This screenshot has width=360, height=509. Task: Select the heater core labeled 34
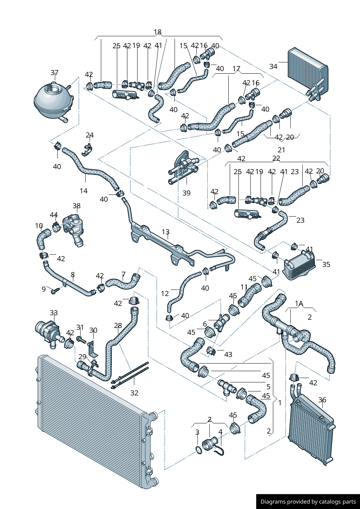point(307,71)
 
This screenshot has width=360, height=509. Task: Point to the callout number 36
point(322,400)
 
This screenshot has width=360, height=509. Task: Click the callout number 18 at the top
point(157,32)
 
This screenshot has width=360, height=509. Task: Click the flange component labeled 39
point(184,166)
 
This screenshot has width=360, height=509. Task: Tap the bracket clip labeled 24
point(87,149)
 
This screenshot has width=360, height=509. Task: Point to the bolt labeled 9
point(56,290)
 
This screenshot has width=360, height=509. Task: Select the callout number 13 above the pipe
point(165,232)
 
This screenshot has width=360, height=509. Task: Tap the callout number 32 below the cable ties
point(134,393)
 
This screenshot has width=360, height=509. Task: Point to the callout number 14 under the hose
point(83,190)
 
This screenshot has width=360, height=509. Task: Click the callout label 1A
point(299,303)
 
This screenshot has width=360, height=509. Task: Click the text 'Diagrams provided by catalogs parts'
point(308,502)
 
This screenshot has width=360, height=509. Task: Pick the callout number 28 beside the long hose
point(118,325)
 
